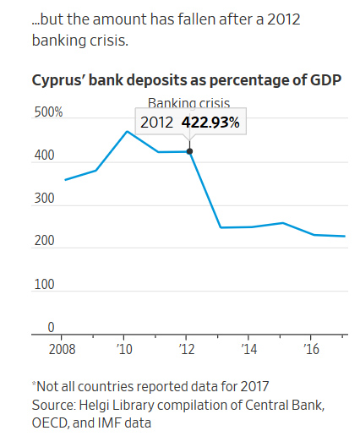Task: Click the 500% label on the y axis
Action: click(x=47, y=112)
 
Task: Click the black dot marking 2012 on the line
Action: click(x=189, y=152)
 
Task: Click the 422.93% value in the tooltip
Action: click(x=211, y=123)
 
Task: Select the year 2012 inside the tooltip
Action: click(x=156, y=123)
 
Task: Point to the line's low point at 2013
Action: click(x=220, y=227)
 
